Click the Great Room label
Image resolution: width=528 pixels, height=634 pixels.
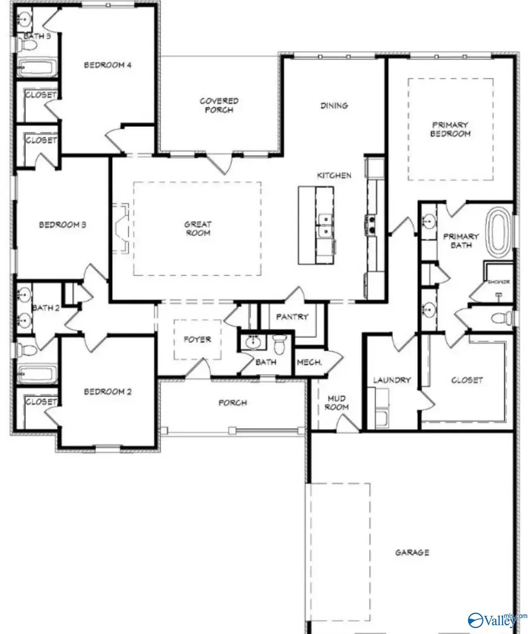pyautogui.click(x=198, y=228)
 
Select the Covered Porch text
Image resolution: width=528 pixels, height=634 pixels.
pyautogui.click(x=219, y=106)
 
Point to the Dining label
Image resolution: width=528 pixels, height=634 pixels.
pyautogui.click(x=334, y=106)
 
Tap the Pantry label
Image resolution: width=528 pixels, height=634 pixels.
pyautogui.click(x=292, y=317)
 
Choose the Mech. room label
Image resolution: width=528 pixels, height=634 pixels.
pyautogui.click(x=309, y=362)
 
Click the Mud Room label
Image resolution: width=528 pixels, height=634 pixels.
pyautogui.click(x=337, y=402)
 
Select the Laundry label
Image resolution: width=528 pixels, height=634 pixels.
pyautogui.click(x=392, y=380)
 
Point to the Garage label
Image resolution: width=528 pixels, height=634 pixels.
pyautogui.click(x=412, y=552)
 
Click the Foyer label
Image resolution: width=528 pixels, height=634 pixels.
pyautogui.click(x=197, y=340)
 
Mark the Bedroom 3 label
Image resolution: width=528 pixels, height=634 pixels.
pyautogui.click(x=63, y=224)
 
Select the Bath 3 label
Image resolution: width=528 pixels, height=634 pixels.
pyautogui.click(x=35, y=36)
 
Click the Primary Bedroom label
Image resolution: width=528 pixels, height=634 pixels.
pyautogui.click(x=451, y=129)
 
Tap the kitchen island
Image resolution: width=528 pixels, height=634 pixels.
pyautogui.click(x=317, y=225)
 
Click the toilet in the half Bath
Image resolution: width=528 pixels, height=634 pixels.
pyautogui.click(x=279, y=345)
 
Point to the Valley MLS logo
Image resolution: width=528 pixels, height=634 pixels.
pyautogui.click(x=494, y=619)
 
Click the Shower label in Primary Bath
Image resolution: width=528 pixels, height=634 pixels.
pyautogui.click(x=499, y=282)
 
